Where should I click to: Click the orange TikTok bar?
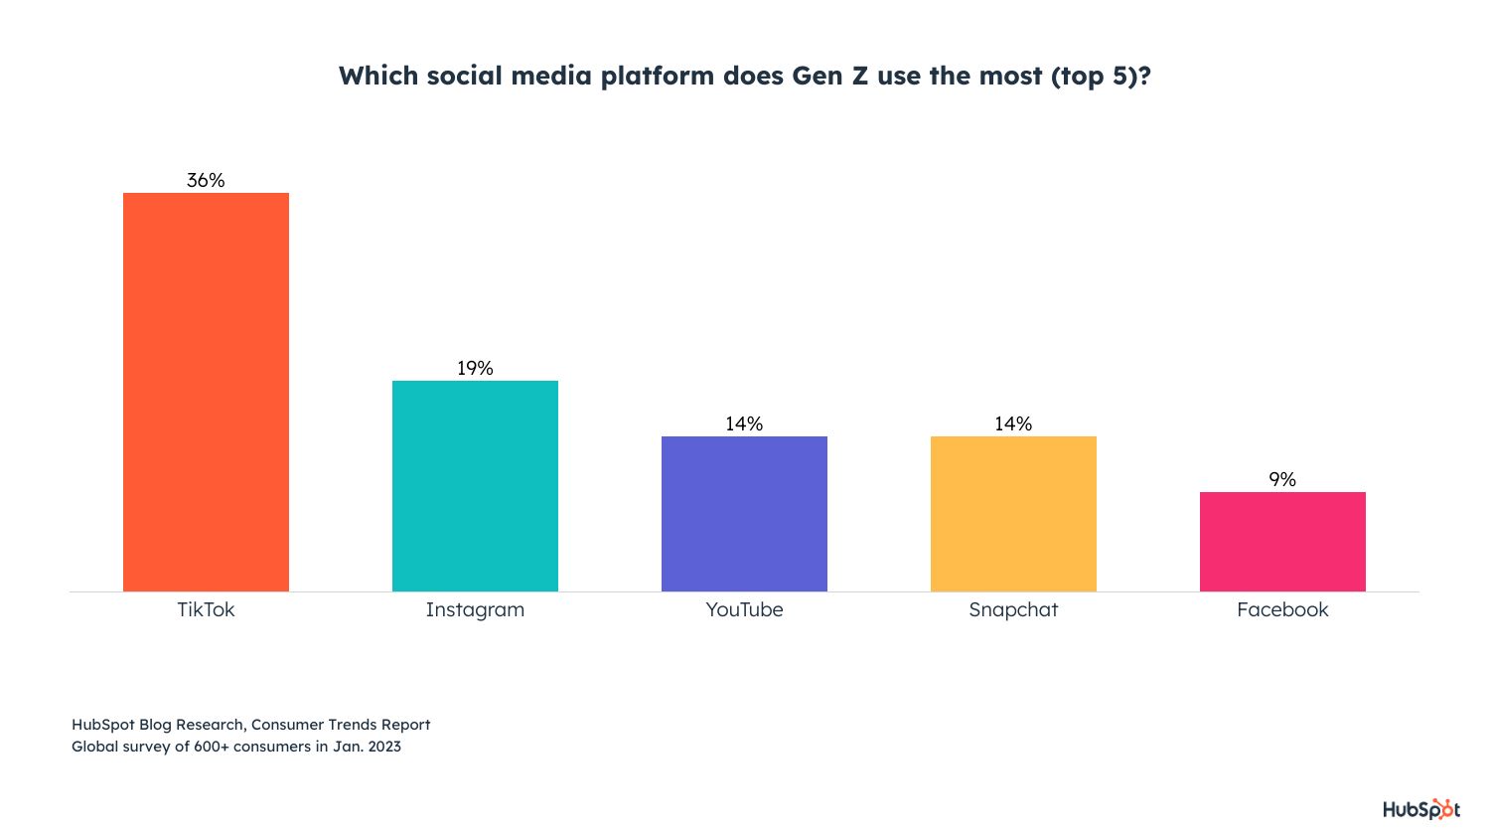click(x=206, y=392)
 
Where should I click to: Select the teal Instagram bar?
click(x=475, y=486)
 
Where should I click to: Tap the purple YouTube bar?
click(x=744, y=514)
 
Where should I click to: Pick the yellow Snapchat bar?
click(x=1013, y=514)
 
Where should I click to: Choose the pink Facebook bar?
click(x=1282, y=542)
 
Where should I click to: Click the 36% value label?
click(x=206, y=180)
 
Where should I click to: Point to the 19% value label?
click(x=475, y=368)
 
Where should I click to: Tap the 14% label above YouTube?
click(x=744, y=423)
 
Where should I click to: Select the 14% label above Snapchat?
click(x=1013, y=423)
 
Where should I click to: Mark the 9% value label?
click(x=1282, y=479)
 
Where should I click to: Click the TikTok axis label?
click(x=206, y=609)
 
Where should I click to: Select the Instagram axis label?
click(x=475, y=609)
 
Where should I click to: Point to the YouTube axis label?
click(x=744, y=609)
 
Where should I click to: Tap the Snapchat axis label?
click(x=1013, y=609)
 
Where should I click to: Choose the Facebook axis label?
click(x=1282, y=609)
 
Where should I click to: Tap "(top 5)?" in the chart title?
click(x=1101, y=77)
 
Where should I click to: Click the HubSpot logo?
click(x=1421, y=809)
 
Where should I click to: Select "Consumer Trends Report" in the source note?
click(x=341, y=725)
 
